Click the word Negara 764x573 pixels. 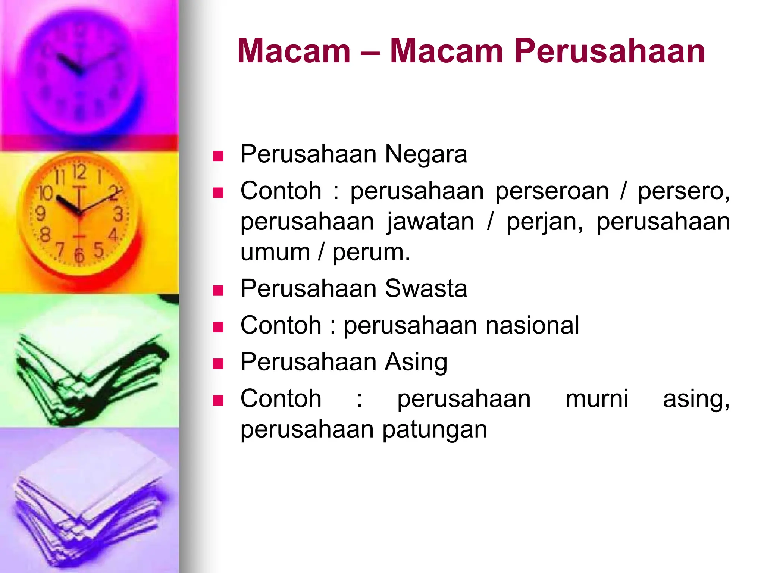tap(426, 154)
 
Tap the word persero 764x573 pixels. tap(683, 191)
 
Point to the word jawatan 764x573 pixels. tap(430, 222)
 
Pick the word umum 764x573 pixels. tap(275, 253)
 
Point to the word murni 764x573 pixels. tap(597, 399)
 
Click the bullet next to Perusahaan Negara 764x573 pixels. tap(218, 156)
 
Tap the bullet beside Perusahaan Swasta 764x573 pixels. tap(218, 291)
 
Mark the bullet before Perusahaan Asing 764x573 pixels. tap(218, 364)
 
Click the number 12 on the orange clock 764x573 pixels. tap(79, 172)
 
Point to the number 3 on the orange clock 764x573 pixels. tap(118, 214)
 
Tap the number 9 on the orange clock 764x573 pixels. tap(40, 213)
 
